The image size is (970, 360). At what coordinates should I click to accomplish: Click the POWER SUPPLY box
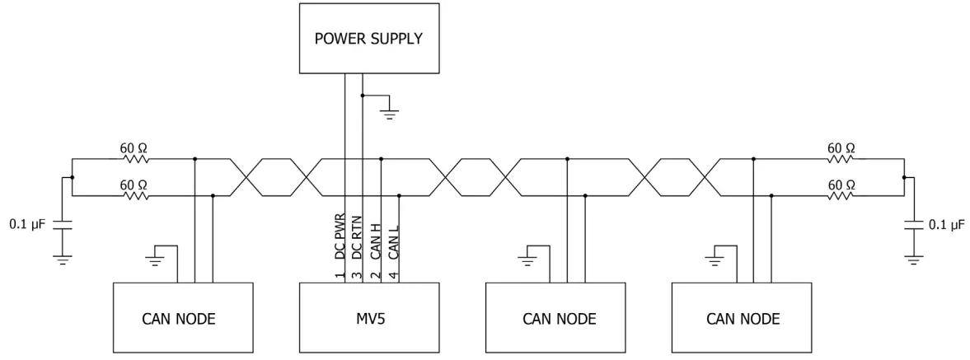tap(368, 39)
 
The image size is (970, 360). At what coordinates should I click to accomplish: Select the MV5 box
tap(368, 319)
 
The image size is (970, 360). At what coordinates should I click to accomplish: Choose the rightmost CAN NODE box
tap(742, 319)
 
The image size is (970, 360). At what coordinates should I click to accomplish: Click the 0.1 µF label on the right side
tap(946, 224)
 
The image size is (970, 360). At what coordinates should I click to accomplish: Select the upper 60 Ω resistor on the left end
tap(134, 158)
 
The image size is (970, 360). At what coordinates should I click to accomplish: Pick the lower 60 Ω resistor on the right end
tap(841, 195)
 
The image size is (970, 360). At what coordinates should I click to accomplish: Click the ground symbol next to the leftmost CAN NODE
tap(155, 261)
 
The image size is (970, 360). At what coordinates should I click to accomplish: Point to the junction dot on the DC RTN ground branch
tap(363, 96)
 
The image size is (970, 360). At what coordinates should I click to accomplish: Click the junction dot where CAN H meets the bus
tap(381, 158)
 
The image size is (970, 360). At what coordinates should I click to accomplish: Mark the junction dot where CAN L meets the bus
tap(399, 195)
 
